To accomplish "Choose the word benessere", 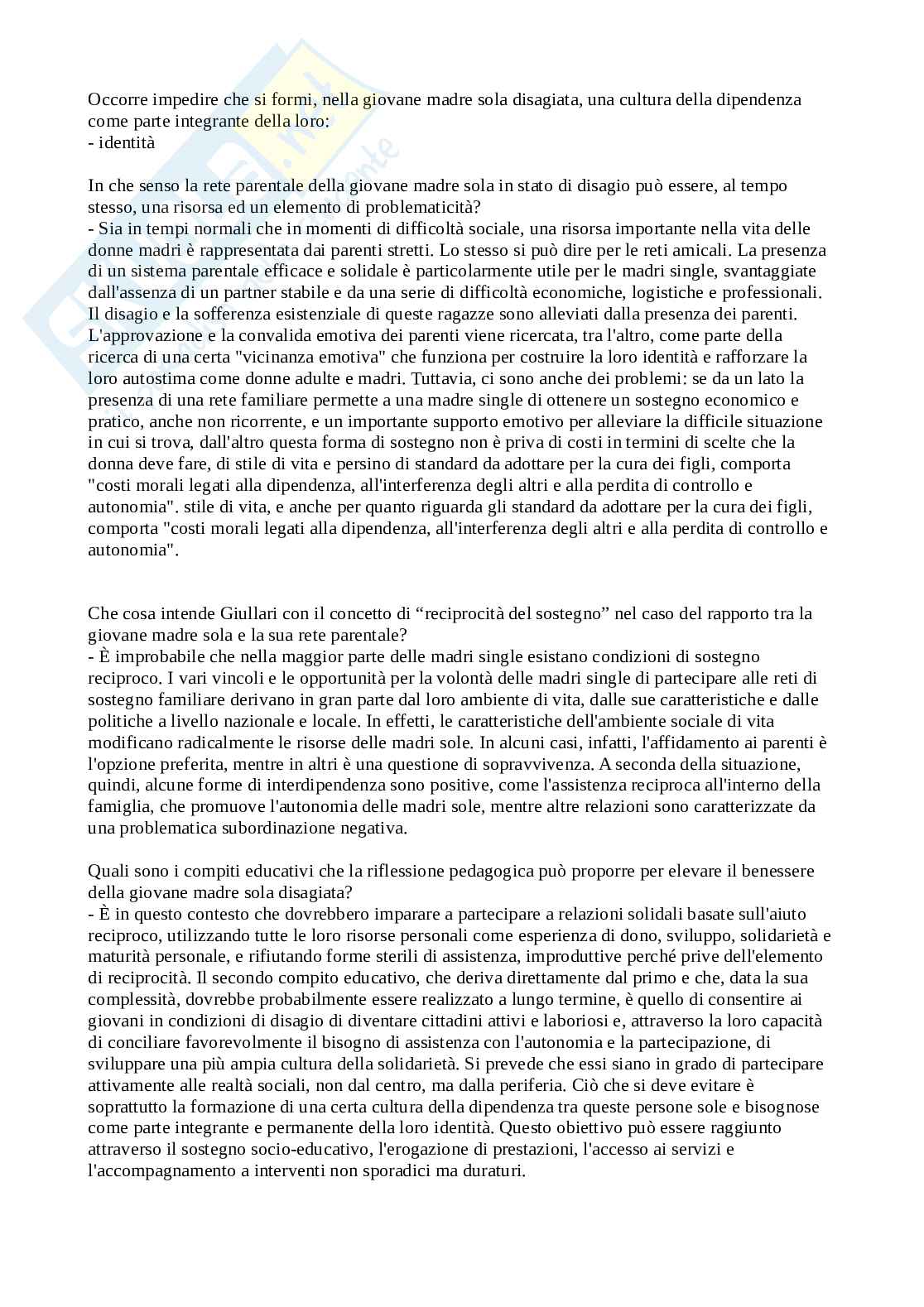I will point(777,871).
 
